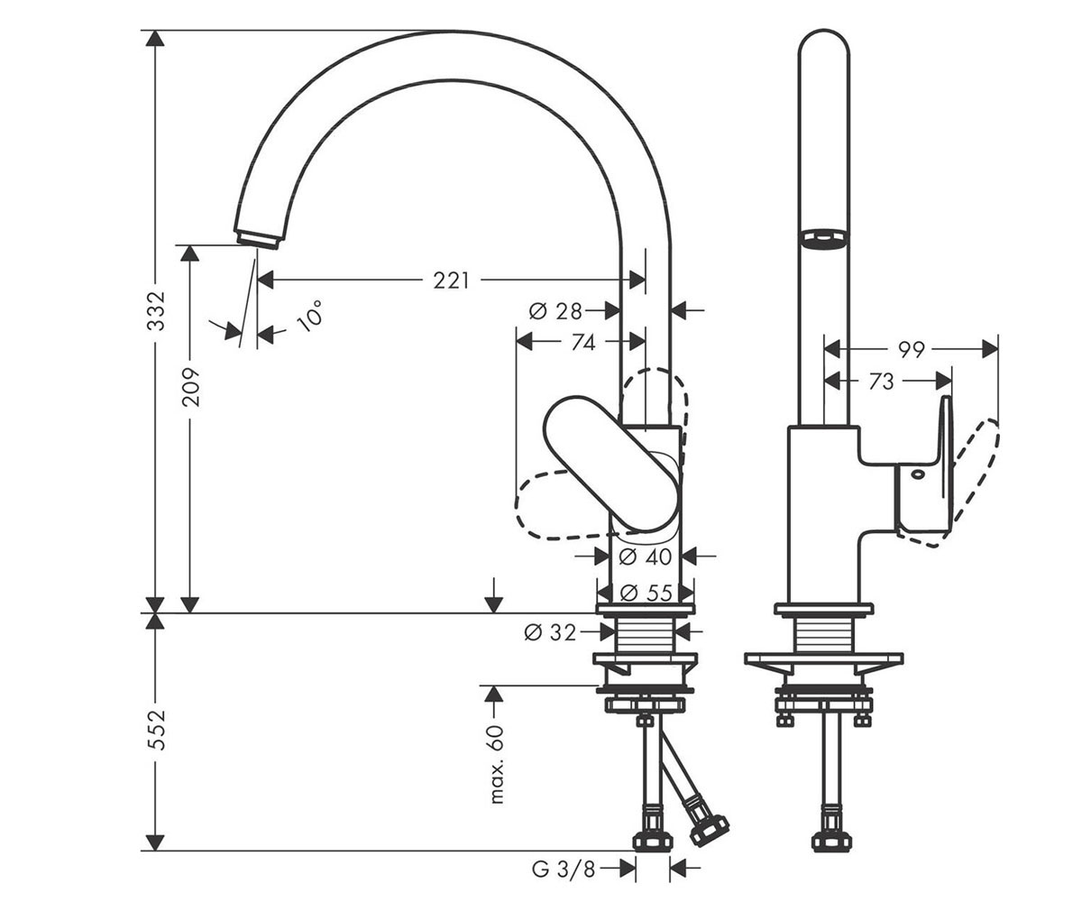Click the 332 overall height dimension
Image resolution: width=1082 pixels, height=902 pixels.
tap(155, 311)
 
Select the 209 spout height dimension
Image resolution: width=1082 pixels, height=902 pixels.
tap(190, 387)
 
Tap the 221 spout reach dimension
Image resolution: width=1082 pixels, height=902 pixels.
tap(451, 281)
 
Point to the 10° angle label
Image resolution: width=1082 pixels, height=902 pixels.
tap(309, 317)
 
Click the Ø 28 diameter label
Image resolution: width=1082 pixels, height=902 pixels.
tap(555, 311)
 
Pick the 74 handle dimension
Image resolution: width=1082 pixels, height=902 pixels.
tap(583, 342)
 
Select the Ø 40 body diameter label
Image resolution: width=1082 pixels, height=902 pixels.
tap(646, 557)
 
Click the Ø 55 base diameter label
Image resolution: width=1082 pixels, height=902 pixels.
tap(646, 593)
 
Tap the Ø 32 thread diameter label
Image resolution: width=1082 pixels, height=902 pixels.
tap(550, 632)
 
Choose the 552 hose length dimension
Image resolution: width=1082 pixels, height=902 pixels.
tap(155, 730)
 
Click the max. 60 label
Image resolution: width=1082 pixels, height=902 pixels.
tap(495, 764)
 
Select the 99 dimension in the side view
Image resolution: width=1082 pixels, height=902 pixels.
tap(911, 350)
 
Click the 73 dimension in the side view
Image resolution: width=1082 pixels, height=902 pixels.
tap(881, 382)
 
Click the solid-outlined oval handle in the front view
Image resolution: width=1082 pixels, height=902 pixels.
tap(611, 463)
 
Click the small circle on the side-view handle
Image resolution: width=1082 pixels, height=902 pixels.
tap(918, 474)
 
